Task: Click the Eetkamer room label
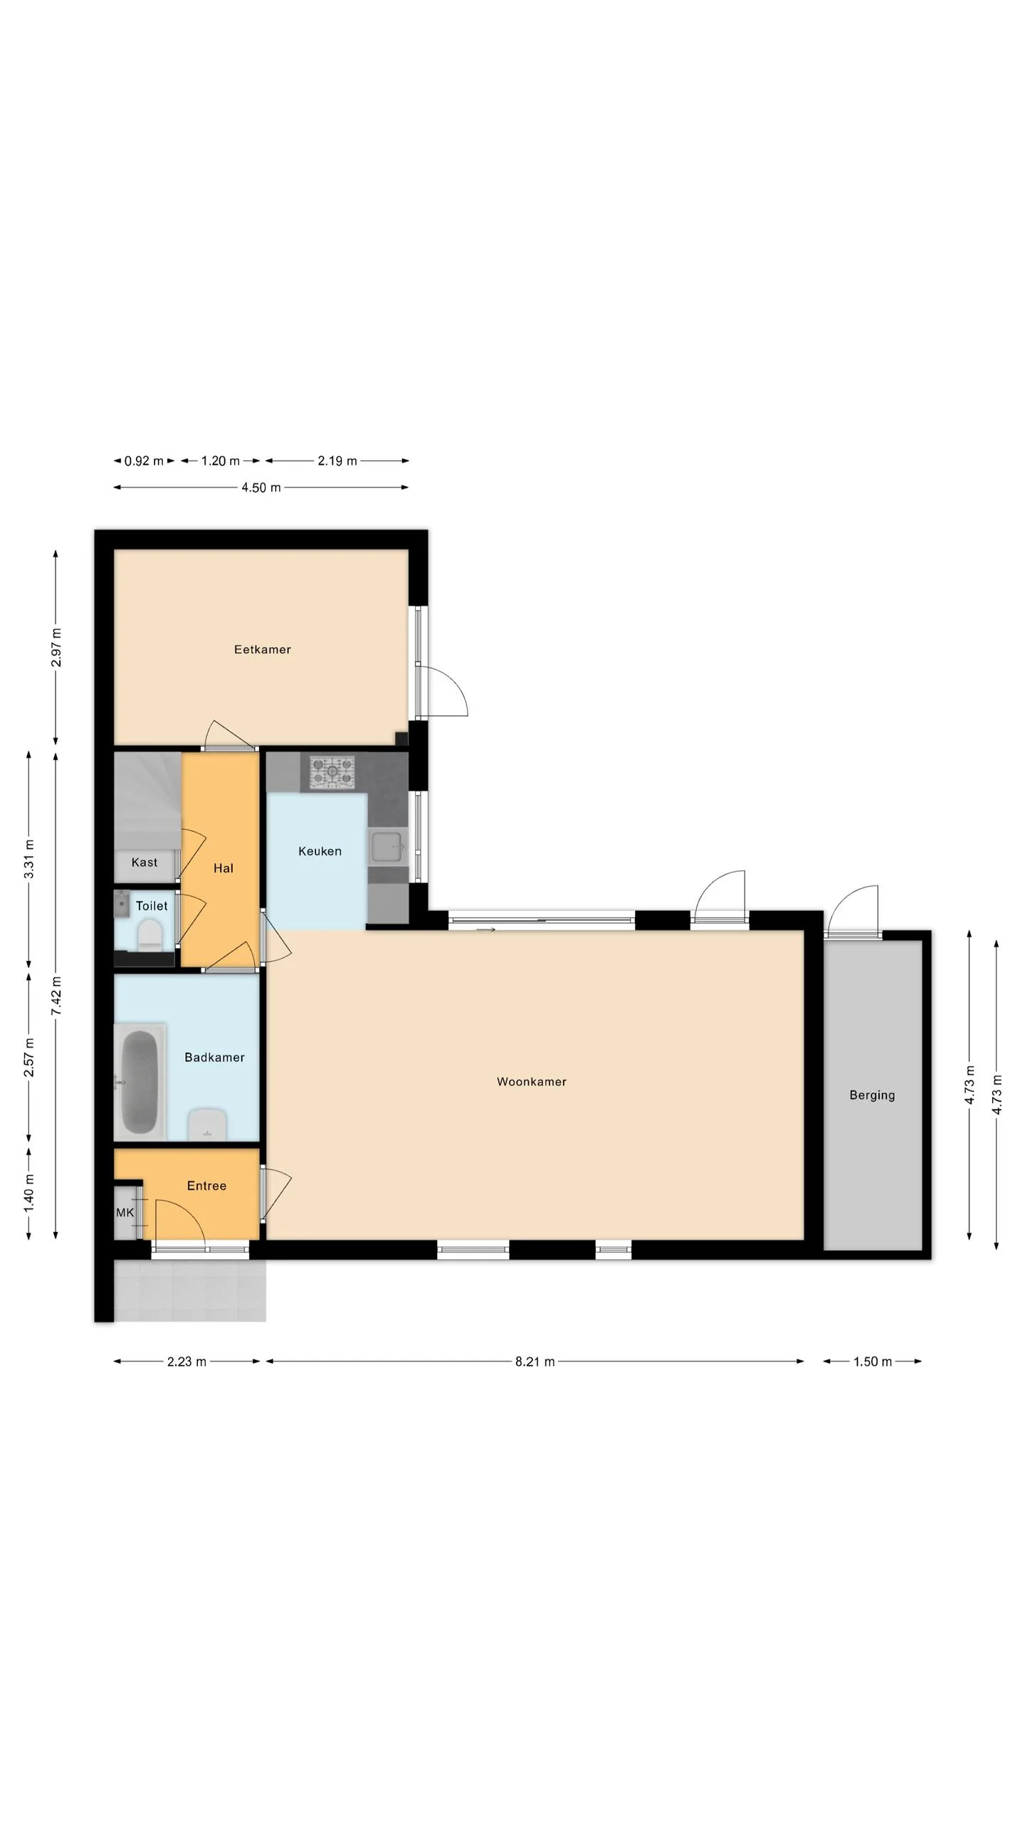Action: (262, 649)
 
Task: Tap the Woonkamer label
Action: (532, 1082)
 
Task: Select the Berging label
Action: (872, 1095)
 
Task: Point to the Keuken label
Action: (320, 851)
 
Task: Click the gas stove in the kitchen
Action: (332, 772)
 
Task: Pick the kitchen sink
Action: (388, 847)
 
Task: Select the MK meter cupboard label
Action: (125, 1213)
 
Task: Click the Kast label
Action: (144, 863)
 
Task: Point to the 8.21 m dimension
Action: (535, 1362)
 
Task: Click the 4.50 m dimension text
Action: (261, 488)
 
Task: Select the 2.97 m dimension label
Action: (56, 648)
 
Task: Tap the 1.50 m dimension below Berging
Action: (873, 1362)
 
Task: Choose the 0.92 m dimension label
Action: (144, 461)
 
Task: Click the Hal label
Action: (224, 868)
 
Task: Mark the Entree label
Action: (206, 1186)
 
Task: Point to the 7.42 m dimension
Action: (56, 996)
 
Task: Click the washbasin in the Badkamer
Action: (207, 1125)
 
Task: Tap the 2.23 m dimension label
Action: (186, 1362)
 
